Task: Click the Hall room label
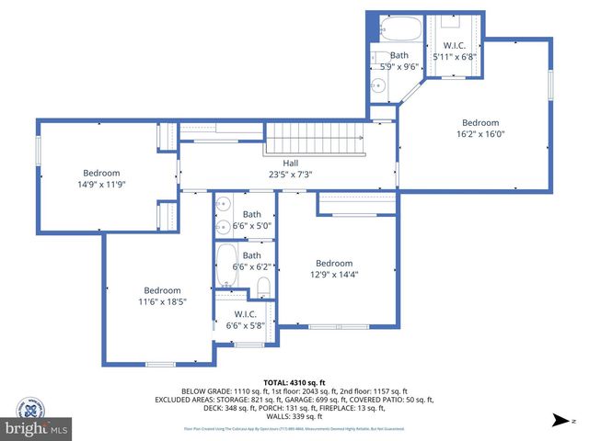(x=290, y=163)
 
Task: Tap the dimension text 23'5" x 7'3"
(x=290, y=174)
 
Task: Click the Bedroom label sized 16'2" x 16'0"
(x=480, y=123)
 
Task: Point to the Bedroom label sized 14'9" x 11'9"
(x=102, y=173)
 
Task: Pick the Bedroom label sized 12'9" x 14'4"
(x=334, y=263)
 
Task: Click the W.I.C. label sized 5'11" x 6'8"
(x=456, y=45)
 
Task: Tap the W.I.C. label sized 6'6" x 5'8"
(x=245, y=314)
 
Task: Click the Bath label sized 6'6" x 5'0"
(x=252, y=214)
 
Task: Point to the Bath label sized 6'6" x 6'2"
(x=252, y=255)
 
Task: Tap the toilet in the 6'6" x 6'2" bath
(x=263, y=285)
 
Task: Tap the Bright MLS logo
(x=37, y=428)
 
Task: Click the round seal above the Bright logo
(x=36, y=405)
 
